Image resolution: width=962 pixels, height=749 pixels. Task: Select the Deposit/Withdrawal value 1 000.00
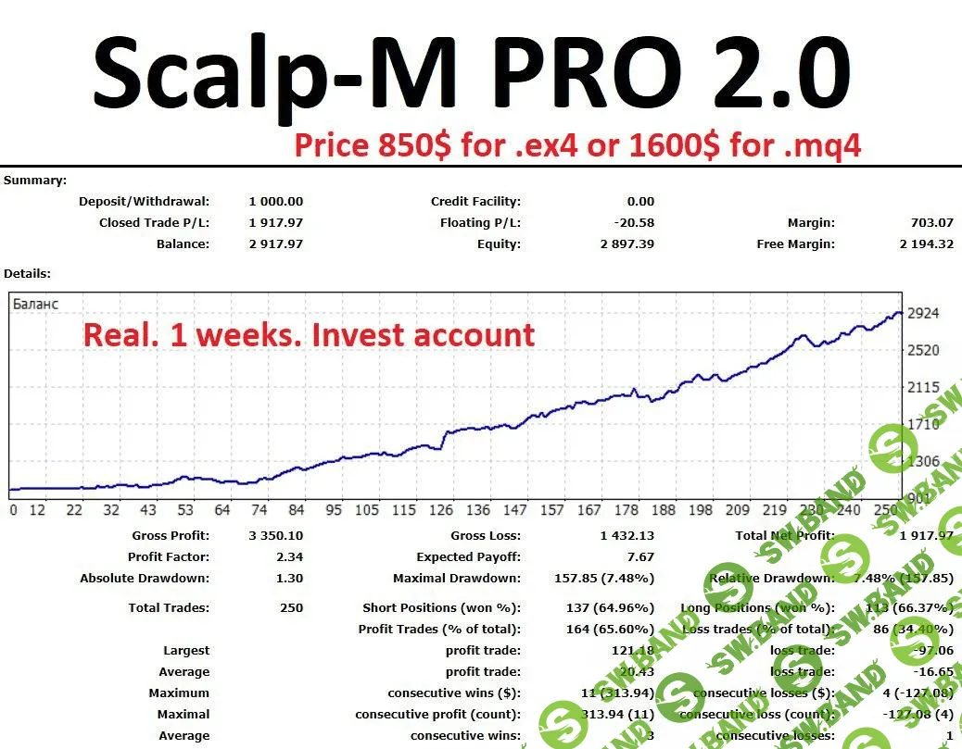275,201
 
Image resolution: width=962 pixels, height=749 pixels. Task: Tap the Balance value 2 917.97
275,243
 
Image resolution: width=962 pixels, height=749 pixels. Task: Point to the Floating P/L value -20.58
634,222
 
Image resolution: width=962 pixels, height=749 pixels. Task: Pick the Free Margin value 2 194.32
926,243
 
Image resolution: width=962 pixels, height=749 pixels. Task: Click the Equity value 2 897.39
627,243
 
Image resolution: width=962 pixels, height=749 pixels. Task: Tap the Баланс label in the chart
35,303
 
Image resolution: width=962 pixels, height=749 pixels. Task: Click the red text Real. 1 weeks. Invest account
310,334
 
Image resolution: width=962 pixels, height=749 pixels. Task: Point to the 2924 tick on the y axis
923,313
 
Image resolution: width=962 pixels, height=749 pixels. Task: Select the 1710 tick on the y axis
923,424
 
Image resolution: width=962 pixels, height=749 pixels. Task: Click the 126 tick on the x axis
440,510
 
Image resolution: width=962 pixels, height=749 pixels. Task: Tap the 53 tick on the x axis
185,510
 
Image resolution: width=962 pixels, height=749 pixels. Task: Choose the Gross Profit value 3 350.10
275,535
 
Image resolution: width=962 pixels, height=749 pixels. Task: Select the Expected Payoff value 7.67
640,556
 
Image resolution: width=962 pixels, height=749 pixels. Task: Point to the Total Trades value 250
291,607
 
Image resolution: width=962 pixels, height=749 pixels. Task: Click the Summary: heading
35,180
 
